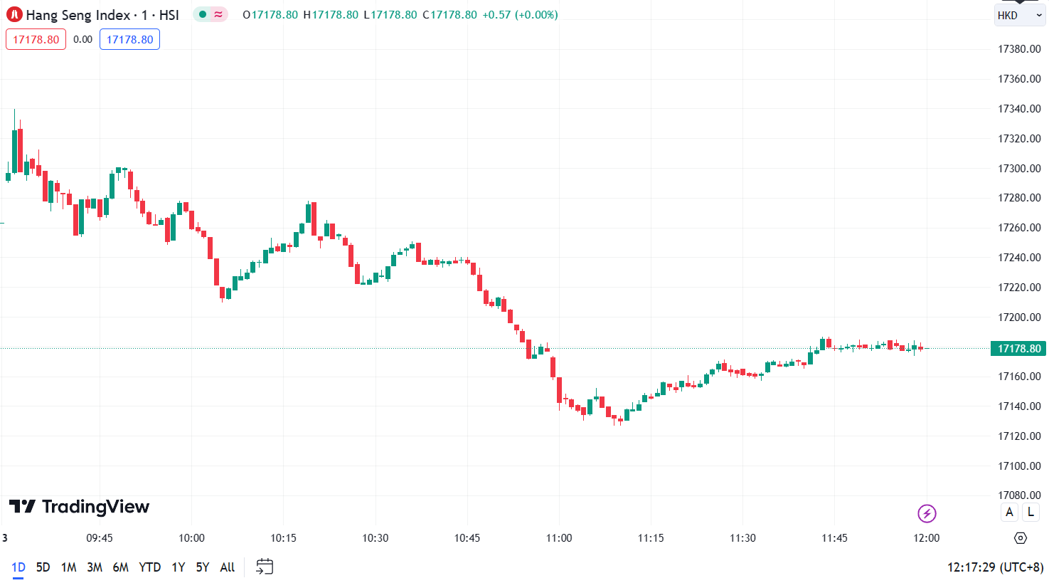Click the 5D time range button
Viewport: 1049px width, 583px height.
(x=43, y=567)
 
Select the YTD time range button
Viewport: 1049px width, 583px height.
(x=149, y=567)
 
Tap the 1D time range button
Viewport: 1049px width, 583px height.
(x=18, y=567)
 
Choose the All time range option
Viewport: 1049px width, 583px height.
(x=227, y=567)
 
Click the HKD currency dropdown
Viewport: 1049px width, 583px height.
(x=1019, y=15)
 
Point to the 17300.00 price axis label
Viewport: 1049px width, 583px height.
(x=1019, y=169)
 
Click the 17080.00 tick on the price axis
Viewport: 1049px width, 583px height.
(x=1019, y=495)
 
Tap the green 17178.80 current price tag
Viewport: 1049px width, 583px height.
(x=1018, y=348)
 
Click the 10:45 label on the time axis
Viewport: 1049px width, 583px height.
(x=467, y=538)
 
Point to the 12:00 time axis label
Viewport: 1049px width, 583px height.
(x=926, y=538)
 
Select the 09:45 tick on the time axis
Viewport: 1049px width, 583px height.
(x=100, y=538)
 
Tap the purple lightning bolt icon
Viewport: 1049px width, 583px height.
(x=926, y=513)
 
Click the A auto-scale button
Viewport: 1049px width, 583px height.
(x=1009, y=512)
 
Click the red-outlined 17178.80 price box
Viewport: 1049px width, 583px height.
(x=36, y=39)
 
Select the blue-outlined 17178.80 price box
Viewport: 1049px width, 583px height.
(x=129, y=39)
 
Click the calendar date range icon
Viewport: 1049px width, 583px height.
(x=265, y=567)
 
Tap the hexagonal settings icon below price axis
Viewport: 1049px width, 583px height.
(x=1021, y=538)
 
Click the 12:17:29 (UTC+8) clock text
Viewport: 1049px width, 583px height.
(x=995, y=567)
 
